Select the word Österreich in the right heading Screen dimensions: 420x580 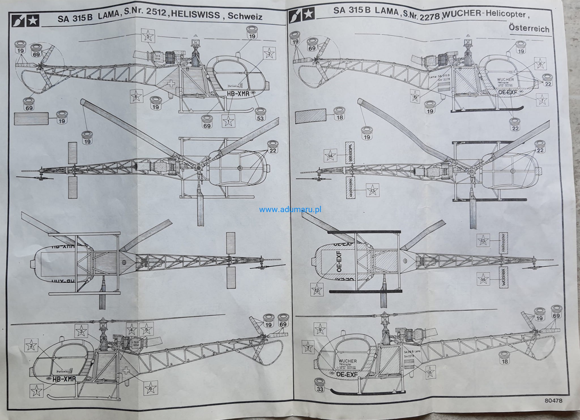point(529,28)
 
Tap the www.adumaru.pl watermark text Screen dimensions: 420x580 point(290,210)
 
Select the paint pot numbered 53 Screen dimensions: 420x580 point(260,114)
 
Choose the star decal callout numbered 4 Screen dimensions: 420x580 point(131,329)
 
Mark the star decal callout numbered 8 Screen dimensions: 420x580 point(540,64)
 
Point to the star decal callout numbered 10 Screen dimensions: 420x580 point(415,97)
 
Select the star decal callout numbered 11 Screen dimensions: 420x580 point(430,373)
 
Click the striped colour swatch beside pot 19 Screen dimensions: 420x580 point(31,119)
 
